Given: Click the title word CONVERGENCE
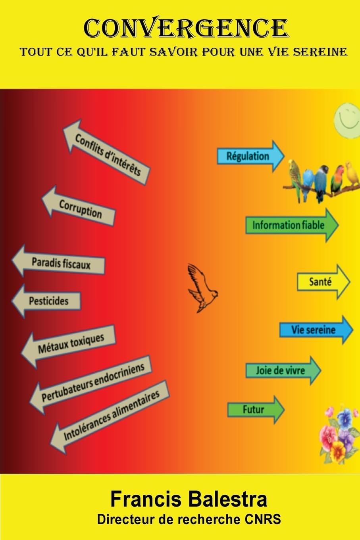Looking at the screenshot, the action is [x=186, y=29].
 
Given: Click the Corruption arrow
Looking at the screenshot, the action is [x=79, y=206].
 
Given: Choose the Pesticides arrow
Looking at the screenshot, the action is [x=46, y=301].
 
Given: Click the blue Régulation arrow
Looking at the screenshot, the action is [x=251, y=156].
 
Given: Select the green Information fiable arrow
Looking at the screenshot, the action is [x=292, y=225].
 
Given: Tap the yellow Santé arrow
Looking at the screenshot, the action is [x=323, y=282].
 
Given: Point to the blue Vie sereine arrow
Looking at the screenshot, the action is [x=316, y=330].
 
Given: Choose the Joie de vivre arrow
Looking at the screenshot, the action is [x=283, y=370].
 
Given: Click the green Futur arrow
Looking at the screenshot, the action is [x=256, y=410].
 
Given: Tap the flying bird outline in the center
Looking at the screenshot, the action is [x=202, y=288].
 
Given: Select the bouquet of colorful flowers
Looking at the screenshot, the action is [x=340, y=436].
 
